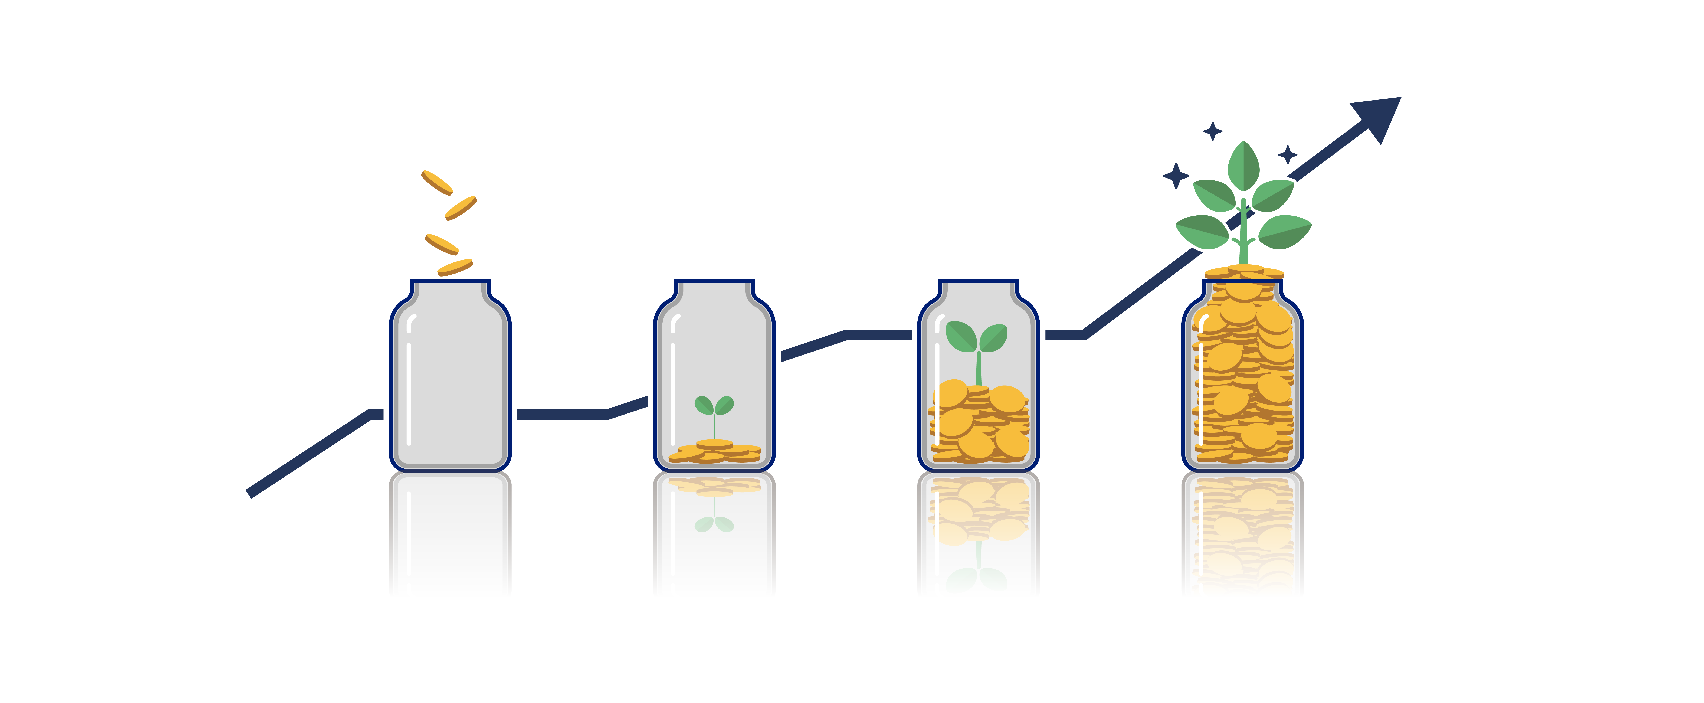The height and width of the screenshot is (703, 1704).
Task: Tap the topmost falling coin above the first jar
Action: [x=437, y=183]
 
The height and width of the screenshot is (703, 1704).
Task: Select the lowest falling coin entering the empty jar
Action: [x=455, y=267]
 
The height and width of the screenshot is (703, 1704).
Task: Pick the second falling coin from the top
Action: [x=460, y=208]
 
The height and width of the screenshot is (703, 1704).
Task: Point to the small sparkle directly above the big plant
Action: [x=1213, y=131]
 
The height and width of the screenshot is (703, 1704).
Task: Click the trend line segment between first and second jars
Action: [x=562, y=414]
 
